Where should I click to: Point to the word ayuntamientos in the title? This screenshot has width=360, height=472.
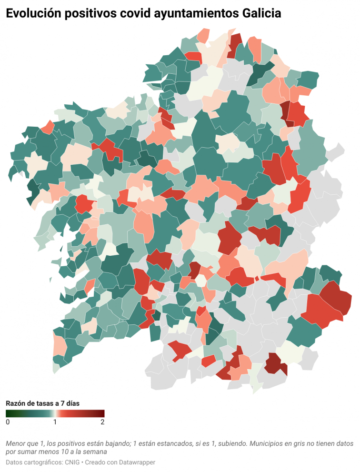click(x=192, y=14)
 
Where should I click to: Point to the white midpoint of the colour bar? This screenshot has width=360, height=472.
click(x=55, y=413)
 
